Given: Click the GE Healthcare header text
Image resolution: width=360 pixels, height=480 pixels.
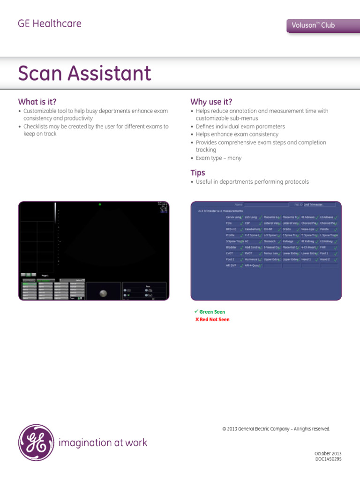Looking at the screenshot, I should [49, 23].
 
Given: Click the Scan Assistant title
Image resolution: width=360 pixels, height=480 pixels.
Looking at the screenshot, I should [84, 74].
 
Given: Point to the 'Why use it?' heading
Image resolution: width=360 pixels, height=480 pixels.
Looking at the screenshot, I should [211, 102].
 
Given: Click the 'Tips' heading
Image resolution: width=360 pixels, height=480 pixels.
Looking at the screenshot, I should [197, 172].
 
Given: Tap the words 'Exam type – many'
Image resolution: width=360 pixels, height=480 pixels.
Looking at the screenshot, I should [218, 158].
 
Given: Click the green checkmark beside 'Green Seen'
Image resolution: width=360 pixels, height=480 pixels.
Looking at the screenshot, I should [196, 312].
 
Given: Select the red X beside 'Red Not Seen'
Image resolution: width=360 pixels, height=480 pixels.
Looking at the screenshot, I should [197, 319].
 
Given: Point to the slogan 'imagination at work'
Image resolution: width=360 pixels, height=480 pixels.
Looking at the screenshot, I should [103, 442].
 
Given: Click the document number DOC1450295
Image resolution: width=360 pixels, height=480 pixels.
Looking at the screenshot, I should [328, 459].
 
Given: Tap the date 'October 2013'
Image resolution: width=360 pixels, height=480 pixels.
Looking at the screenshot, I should [328, 453].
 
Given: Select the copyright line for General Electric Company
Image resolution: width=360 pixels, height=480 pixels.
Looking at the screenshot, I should [276, 428].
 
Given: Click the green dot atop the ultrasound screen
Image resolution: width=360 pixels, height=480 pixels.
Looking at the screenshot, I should [99, 204].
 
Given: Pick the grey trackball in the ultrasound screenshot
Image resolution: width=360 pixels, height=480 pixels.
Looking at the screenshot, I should [103, 293].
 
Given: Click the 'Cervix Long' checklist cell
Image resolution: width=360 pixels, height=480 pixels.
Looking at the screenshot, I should [234, 217].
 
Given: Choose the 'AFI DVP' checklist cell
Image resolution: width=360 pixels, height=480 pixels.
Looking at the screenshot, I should [231, 265].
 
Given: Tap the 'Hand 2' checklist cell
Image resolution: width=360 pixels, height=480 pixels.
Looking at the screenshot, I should [325, 259].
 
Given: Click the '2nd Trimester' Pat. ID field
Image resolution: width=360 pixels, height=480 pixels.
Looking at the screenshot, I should [319, 205].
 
